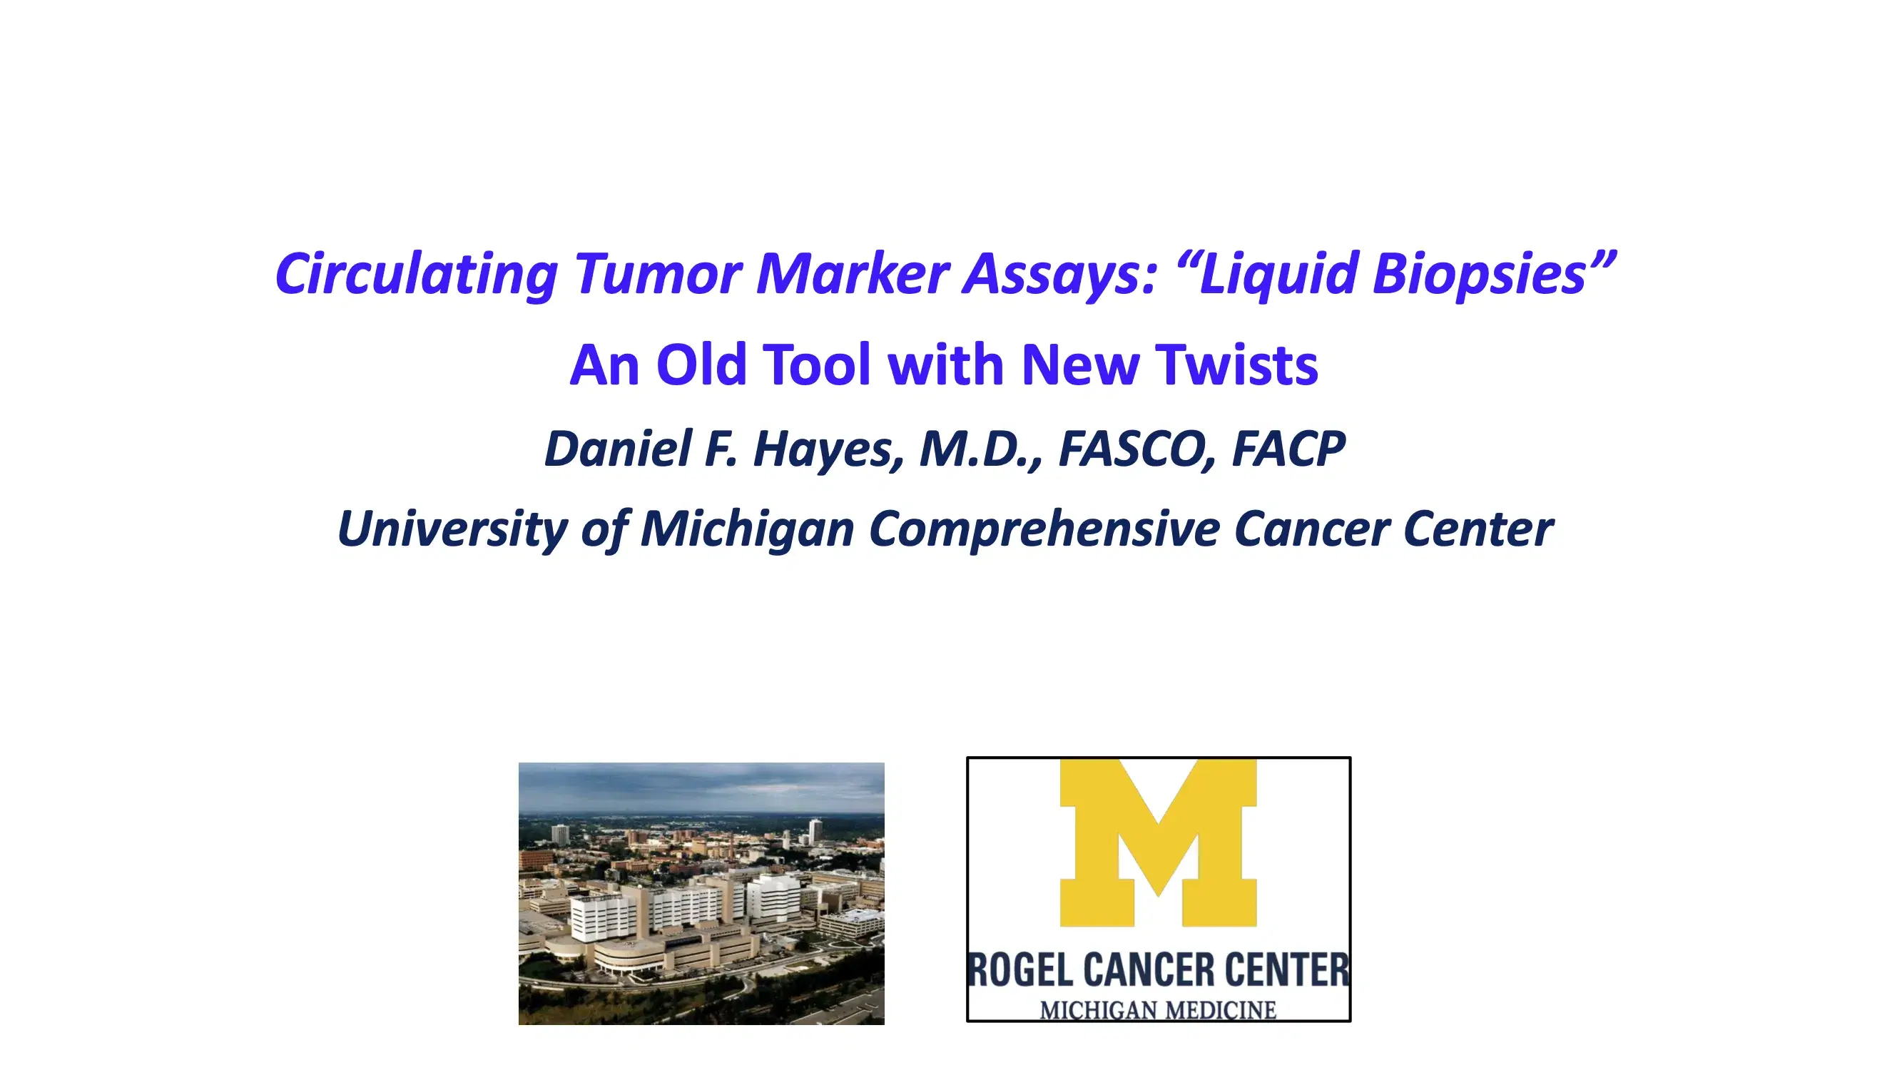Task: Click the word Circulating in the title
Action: coord(416,274)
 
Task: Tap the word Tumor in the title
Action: coord(658,274)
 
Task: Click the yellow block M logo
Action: coord(1158,842)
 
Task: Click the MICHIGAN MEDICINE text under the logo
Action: coord(1158,1009)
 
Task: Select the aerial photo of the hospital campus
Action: coord(701,894)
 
